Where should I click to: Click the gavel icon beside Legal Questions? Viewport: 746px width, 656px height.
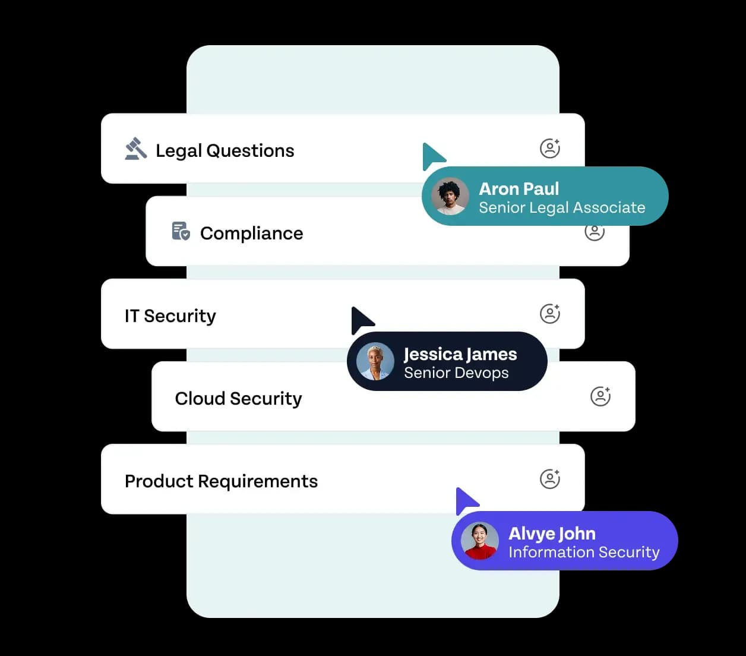click(136, 149)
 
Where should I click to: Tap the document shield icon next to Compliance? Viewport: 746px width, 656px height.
click(181, 231)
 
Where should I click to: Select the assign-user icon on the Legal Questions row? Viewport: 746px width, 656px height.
click(550, 148)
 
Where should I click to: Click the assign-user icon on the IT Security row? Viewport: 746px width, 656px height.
click(550, 314)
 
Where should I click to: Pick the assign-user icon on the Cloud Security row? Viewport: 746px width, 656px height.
click(600, 396)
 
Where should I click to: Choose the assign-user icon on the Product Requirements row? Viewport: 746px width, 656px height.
click(550, 479)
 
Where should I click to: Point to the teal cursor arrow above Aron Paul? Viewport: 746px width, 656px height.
click(432, 156)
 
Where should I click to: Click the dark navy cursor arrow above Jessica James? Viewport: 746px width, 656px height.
click(361, 320)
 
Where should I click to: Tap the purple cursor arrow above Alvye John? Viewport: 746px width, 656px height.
click(465, 500)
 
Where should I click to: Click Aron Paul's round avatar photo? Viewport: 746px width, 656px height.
click(450, 197)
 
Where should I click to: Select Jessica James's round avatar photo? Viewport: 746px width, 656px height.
click(375, 362)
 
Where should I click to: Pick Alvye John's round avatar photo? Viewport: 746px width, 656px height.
click(480, 541)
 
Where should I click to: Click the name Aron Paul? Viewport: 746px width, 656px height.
click(519, 189)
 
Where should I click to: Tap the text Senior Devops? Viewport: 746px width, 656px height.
click(456, 373)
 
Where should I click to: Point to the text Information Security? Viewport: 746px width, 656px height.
click(584, 553)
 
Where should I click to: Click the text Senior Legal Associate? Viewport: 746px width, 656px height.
click(562, 208)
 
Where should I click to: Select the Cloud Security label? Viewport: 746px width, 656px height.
click(238, 399)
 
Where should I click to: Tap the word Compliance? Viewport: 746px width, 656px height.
click(251, 234)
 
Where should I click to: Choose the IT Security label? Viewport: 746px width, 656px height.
click(170, 316)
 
